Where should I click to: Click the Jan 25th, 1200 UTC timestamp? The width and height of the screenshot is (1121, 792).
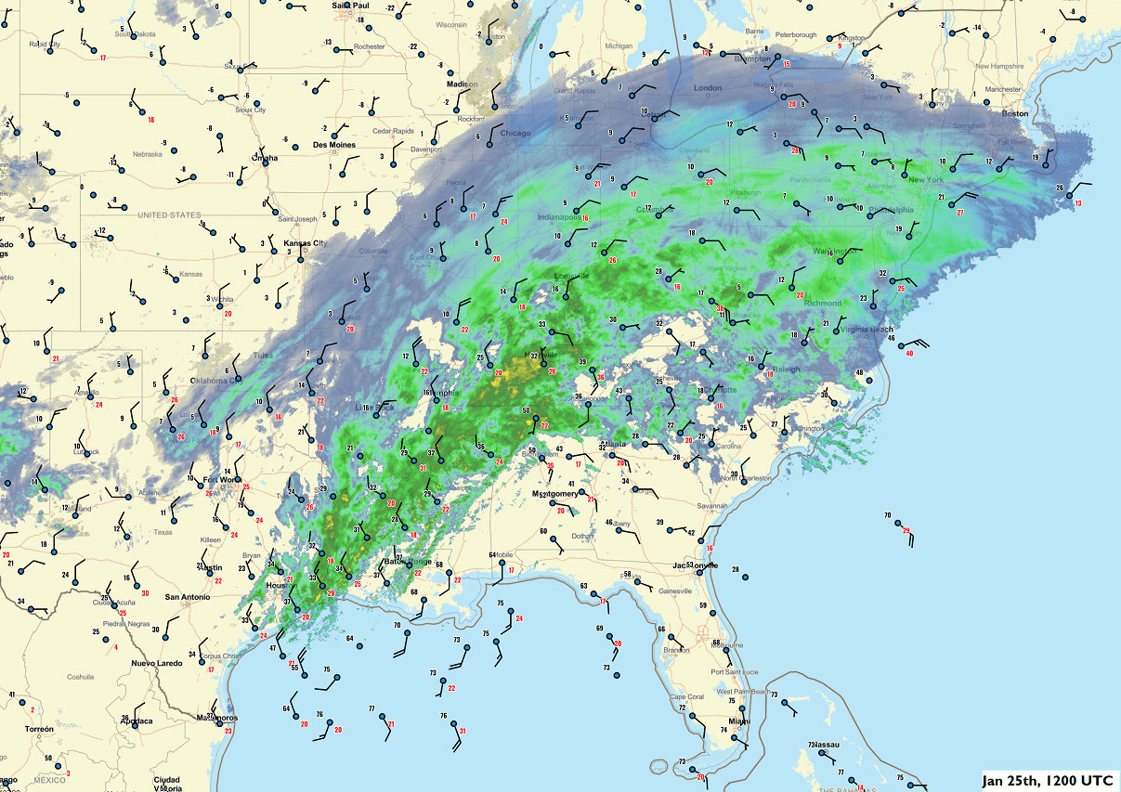coord(1049,780)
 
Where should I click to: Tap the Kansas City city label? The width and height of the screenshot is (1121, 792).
coord(306,243)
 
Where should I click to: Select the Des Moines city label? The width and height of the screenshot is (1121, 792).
coord(333,145)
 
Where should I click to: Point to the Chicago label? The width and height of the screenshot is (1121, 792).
coord(515,133)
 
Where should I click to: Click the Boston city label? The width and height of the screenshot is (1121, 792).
coord(1015,113)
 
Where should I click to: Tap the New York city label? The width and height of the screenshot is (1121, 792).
coord(926,179)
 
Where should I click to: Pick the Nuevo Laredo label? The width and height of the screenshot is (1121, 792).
coord(156,662)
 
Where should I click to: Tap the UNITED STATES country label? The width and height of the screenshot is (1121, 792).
coord(169,214)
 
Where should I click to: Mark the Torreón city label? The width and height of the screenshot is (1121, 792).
coord(39,729)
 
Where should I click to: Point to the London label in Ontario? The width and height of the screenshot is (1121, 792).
coord(708,88)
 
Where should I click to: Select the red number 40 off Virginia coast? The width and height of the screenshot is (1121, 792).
coord(909,353)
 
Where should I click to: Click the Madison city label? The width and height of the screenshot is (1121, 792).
coord(462,84)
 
